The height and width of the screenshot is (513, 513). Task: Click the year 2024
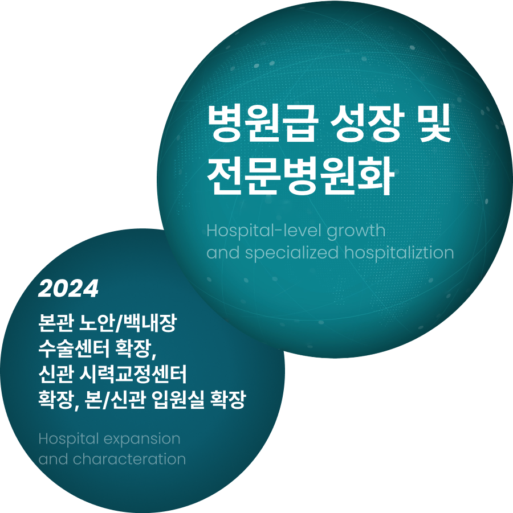pyautogui.click(x=68, y=289)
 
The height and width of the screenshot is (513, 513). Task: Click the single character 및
pyautogui.click(x=435, y=123)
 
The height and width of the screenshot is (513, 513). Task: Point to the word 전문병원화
pyautogui.click(x=300, y=177)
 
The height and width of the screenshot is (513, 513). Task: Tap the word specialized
pyautogui.click(x=292, y=253)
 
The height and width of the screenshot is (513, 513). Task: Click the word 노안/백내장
pyautogui.click(x=128, y=323)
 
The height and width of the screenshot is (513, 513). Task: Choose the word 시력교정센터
pyautogui.click(x=133, y=374)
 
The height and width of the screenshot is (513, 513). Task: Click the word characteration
pyautogui.click(x=129, y=459)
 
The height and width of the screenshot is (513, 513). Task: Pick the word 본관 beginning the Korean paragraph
pyautogui.click(x=56, y=323)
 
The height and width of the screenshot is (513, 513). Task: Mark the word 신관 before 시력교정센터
pyautogui.click(x=56, y=374)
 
